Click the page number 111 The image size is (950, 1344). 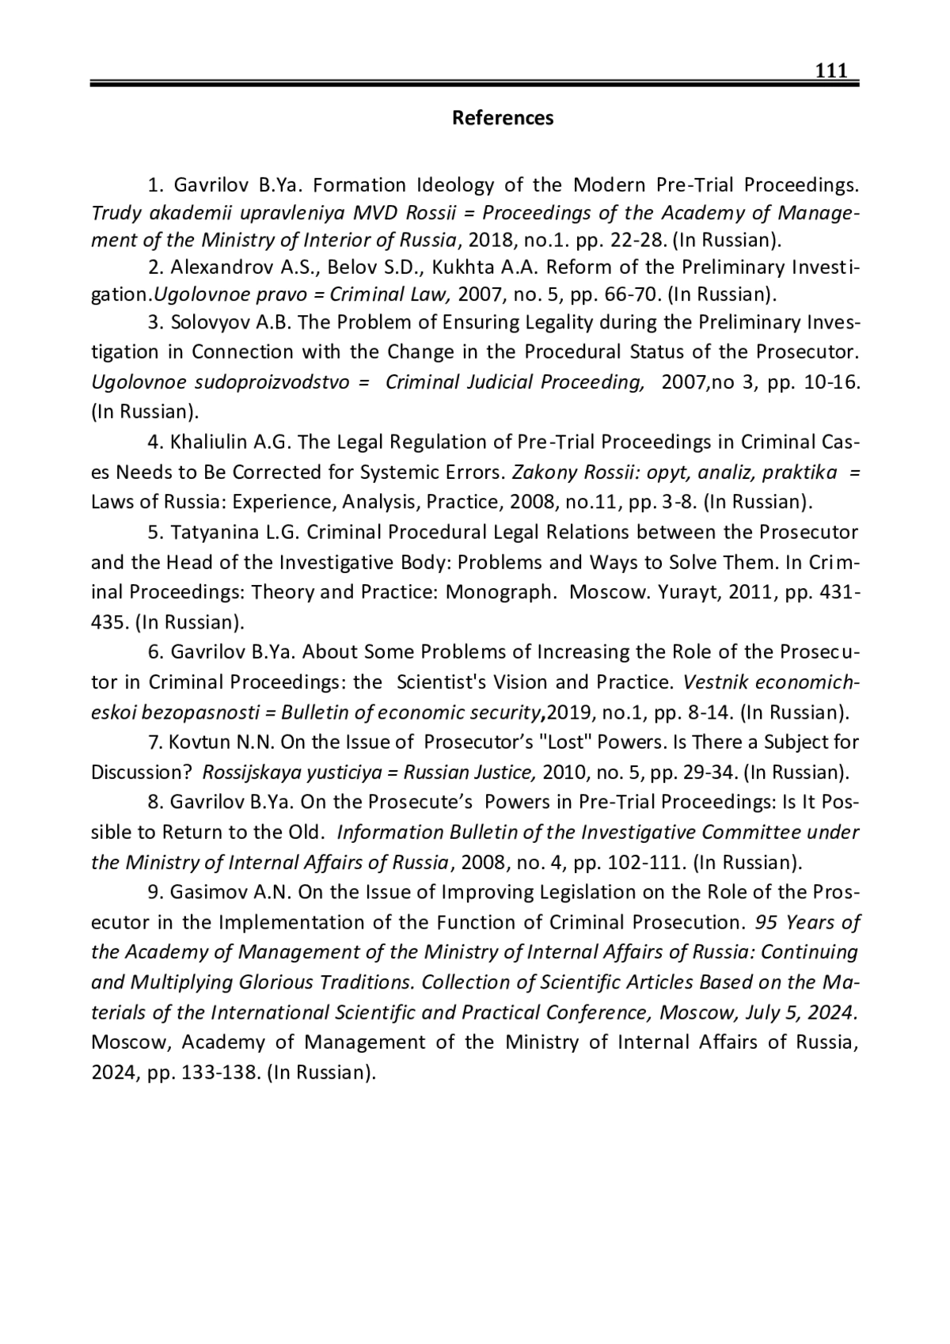(x=831, y=71)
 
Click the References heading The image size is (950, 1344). (x=503, y=118)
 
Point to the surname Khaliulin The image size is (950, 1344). (x=210, y=442)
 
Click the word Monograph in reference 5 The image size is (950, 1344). (x=499, y=592)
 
